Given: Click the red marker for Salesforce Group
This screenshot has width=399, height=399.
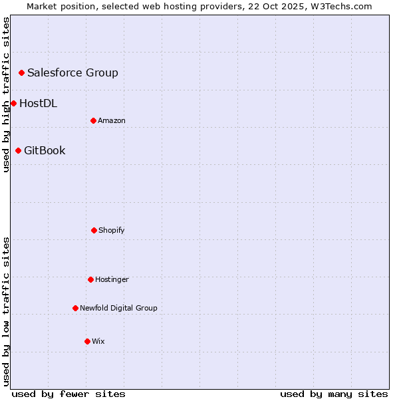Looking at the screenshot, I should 21,72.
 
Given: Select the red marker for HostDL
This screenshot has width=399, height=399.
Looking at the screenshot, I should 13,103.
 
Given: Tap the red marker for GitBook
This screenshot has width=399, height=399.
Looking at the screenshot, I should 18,150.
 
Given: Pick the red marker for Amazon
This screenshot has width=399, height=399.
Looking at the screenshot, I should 93,120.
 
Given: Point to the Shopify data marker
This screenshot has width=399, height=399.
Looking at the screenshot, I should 94,230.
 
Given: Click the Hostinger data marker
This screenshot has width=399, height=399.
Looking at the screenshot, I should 90,279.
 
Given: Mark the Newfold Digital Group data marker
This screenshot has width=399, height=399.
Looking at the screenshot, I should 75,308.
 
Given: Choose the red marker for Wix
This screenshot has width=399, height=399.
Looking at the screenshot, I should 87,341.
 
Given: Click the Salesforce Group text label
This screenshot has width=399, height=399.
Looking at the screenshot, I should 72,72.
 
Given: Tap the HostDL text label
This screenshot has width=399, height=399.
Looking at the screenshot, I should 38,103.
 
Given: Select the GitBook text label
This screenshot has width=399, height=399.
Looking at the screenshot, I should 45,150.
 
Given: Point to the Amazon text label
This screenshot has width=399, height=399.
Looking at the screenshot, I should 112,120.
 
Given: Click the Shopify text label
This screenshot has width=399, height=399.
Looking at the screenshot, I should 112,230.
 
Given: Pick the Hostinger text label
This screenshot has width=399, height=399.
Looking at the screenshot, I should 112,279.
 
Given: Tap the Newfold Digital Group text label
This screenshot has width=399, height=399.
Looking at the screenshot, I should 119,308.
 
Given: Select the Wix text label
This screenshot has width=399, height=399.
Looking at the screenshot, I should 98,341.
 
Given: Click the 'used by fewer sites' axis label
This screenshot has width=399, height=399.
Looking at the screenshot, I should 68,394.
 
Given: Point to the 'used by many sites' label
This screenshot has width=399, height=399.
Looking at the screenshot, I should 334,394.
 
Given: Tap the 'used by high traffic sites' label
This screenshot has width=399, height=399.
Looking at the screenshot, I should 6,94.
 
